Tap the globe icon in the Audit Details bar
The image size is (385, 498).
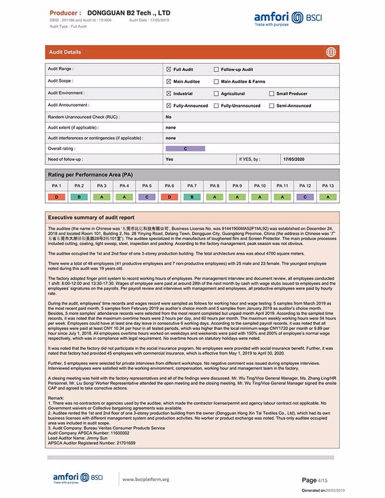(331, 52)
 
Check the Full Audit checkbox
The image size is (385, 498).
(169, 70)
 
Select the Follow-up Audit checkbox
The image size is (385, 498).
(216, 70)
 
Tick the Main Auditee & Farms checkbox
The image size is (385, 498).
(216, 81)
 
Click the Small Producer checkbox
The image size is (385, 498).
(272, 93)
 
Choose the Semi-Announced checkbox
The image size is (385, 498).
(272, 106)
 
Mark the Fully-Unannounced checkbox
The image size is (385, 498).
(216, 106)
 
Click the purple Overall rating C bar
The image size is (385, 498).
(185, 148)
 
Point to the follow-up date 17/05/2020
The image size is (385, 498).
(293, 159)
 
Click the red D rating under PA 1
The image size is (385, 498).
(57, 197)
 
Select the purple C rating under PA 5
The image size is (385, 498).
(147, 197)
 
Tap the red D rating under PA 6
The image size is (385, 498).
(169, 197)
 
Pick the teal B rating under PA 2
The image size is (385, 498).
(79, 197)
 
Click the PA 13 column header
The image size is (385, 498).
(328, 186)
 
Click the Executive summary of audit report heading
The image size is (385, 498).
(91, 218)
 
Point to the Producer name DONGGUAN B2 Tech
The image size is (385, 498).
(129, 12)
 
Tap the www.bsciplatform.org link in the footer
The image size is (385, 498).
(145, 479)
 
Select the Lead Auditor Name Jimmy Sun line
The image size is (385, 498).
(75, 438)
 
